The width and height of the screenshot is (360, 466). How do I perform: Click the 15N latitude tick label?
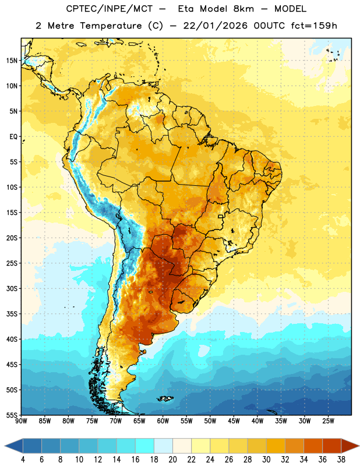[x=12, y=61]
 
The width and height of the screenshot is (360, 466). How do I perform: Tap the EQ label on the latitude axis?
[x=13, y=137]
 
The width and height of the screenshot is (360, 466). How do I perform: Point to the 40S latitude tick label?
[x=12, y=339]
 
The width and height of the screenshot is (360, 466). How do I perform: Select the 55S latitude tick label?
[x=12, y=415]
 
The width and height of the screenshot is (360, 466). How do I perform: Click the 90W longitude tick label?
[x=22, y=421]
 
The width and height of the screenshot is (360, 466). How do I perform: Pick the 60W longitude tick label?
[x=163, y=421]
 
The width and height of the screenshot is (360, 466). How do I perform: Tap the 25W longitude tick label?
[x=328, y=421]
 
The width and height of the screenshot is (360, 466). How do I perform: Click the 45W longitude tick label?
[x=234, y=421]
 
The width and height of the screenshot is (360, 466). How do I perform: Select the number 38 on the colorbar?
[x=341, y=460]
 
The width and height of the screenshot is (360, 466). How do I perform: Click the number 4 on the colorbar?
[x=23, y=460]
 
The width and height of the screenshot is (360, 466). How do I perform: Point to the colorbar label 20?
[x=172, y=460]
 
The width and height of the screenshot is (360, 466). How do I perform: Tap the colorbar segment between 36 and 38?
[x=332, y=446]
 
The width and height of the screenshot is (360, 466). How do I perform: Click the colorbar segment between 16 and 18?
[x=145, y=446]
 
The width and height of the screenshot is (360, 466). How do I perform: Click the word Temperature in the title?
[x=111, y=26]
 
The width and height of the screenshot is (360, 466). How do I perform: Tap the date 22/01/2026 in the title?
[x=215, y=26]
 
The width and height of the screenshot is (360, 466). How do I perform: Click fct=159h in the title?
[x=314, y=26]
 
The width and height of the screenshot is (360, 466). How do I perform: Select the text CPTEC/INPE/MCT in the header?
[x=109, y=9]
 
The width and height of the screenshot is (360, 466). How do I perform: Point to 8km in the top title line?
[x=243, y=9]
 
